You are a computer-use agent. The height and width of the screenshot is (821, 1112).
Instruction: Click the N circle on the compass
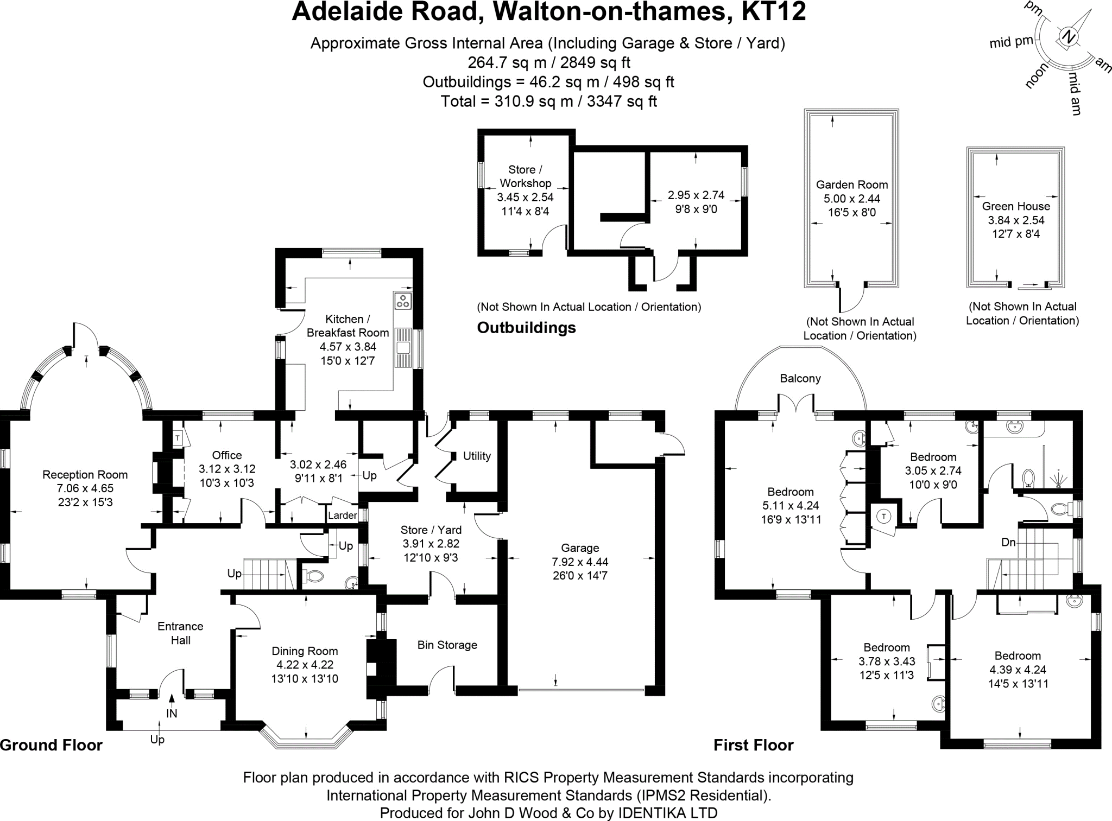(1068, 37)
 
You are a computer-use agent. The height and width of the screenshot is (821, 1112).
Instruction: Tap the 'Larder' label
(343, 515)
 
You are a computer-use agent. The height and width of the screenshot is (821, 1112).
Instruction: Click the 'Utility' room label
(477, 456)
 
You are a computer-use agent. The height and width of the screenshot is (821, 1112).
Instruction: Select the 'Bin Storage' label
(447, 645)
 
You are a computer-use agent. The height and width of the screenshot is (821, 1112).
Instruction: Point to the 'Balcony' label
(800, 378)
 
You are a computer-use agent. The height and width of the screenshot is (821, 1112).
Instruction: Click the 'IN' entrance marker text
(172, 714)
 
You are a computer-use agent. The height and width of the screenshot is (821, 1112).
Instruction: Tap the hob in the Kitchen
(403, 301)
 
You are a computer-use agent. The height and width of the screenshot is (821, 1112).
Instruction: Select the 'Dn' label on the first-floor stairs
(1009, 542)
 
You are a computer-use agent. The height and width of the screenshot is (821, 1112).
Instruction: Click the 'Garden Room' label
(852, 184)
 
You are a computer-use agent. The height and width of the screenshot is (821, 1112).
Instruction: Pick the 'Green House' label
(1016, 206)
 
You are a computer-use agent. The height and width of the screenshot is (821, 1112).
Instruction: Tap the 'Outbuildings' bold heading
(526, 328)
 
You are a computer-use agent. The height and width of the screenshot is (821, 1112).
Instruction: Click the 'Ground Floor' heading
(51, 745)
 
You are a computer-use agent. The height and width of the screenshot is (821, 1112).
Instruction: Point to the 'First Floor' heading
(754, 745)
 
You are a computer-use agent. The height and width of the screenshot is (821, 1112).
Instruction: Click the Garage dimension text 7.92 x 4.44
(580, 562)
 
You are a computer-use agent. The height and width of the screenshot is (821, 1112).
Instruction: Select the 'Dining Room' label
(305, 651)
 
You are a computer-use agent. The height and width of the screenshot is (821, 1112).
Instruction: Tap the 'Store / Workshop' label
(525, 176)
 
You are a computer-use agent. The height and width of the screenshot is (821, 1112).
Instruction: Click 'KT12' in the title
(774, 11)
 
